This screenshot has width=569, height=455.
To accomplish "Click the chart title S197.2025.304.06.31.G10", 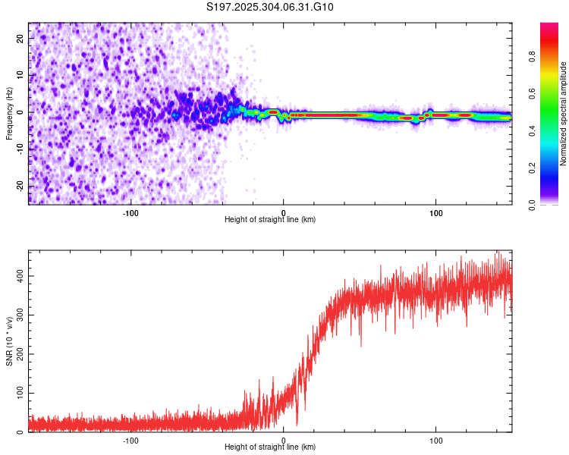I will tap(271, 8).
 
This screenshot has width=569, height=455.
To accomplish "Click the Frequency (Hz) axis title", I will tap(9, 113).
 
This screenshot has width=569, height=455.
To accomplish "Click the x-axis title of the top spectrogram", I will tap(270, 219).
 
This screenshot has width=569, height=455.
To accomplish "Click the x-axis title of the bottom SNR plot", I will tap(270, 447).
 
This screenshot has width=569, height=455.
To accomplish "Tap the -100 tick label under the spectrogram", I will tap(130, 212).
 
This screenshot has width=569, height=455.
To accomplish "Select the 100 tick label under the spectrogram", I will tap(436, 212).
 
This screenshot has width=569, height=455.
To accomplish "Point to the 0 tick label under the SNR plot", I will tap(284, 439).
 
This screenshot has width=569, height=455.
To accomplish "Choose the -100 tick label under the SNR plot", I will tap(130, 439).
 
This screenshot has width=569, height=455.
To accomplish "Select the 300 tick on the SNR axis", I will tap(17, 315).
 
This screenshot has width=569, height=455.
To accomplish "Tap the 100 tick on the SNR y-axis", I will tap(17, 393).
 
